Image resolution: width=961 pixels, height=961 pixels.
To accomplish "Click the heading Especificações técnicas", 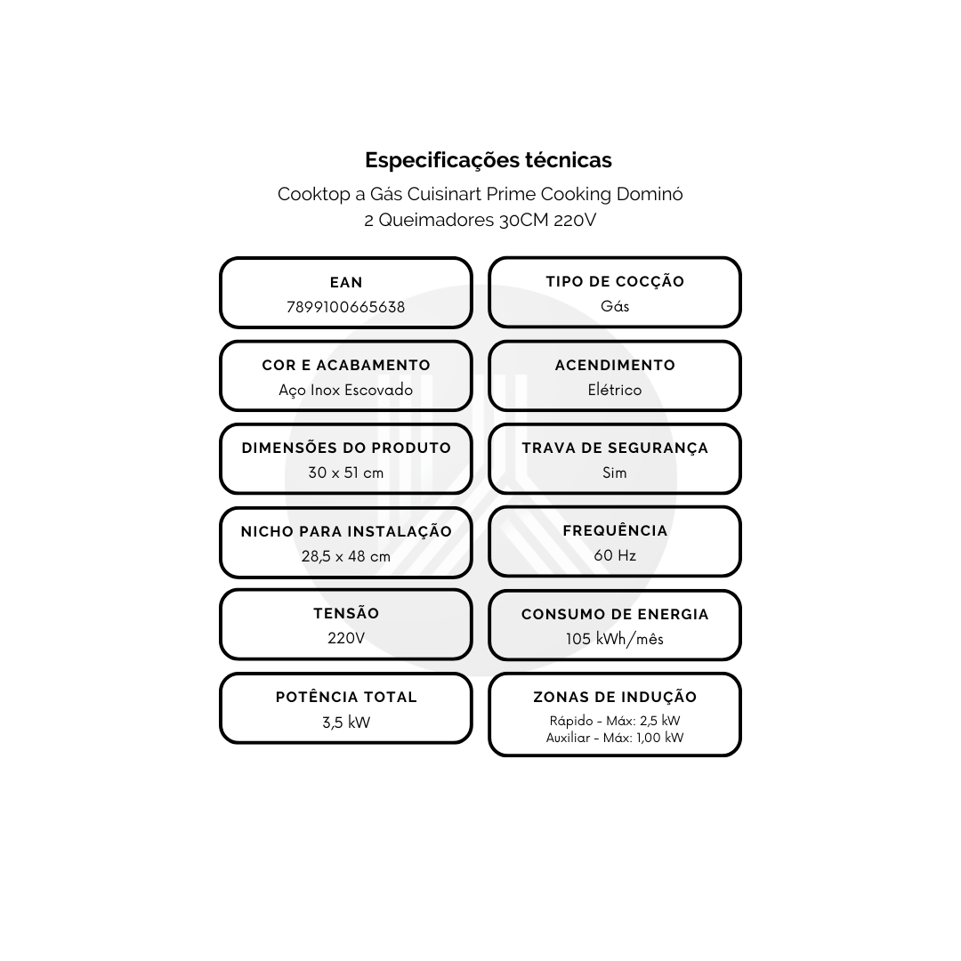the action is pos(488,160).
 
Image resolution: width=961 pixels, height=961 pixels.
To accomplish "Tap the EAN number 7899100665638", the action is pos(345,307).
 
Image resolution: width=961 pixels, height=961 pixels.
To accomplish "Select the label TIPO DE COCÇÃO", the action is pos(615,281).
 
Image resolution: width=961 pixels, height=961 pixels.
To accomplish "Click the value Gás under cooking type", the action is pos(615,306).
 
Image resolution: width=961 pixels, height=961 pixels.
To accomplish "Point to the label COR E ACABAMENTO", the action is pos(345,365).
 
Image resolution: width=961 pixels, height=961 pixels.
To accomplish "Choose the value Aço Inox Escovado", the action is pos(345,391).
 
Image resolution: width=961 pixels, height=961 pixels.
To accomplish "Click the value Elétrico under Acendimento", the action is pos(615,390).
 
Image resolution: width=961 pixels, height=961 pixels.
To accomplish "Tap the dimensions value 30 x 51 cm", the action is pos(345,472).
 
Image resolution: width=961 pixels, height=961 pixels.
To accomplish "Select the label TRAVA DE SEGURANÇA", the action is pos(615,448).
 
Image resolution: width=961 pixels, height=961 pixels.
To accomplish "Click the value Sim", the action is pos(615,472).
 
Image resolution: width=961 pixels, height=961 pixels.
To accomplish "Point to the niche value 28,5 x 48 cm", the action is pos(345,556).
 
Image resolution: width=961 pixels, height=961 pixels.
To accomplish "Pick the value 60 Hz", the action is pos(615,555).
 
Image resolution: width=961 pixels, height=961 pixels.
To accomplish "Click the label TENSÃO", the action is pos(345,613).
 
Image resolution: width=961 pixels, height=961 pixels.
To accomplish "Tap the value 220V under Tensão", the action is pos(345,638).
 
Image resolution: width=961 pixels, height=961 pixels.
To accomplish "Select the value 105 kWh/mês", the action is pos(615,639).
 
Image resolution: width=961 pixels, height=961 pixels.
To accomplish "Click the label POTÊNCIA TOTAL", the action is pos(345,697).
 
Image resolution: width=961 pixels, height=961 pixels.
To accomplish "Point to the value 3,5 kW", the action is pos(345,722).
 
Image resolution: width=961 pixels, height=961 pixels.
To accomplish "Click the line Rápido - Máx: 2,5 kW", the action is pos(615,721).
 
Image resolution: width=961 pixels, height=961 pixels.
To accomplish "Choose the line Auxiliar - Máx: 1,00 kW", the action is pos(615,738).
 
